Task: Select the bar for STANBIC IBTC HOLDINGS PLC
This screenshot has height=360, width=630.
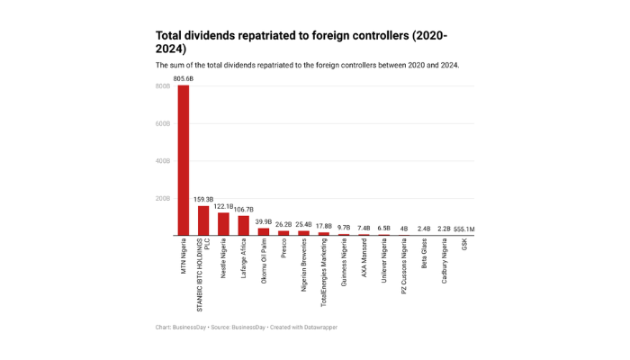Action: coord(203,220)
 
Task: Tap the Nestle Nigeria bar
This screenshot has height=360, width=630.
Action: coord(223,224)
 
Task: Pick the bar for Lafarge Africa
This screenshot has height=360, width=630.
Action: coord(243,225)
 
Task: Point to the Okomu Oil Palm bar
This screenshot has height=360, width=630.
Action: coord(263,231)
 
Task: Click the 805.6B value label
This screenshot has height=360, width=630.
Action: coord(184,79)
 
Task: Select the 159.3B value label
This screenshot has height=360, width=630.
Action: coord(203,200)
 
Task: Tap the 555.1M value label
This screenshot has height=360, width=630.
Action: coord(463,229)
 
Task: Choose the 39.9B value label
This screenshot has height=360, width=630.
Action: coord(263,221)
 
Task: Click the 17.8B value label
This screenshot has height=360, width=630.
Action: coord(323,226)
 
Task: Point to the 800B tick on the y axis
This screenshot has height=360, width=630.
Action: coord(163,86)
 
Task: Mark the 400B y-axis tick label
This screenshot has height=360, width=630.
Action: coord(163,161)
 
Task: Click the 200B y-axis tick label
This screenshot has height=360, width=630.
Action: coord(163,199)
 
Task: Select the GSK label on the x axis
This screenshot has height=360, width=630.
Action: coord(463,246)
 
